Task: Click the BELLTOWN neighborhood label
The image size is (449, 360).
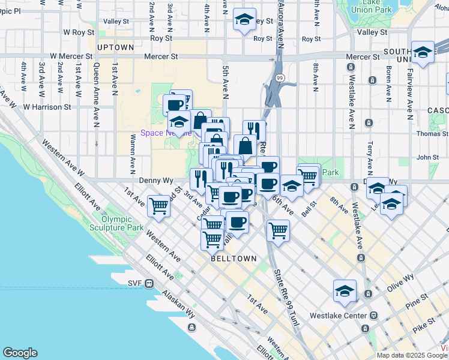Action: (234, 259)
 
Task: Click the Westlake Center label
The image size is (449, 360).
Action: (337, 316)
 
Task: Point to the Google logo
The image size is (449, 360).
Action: (20, 353)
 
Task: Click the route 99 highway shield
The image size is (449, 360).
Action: (280, 78)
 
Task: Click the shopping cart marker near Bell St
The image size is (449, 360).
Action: (307, 175)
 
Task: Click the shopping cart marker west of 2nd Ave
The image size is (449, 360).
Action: (159, 206)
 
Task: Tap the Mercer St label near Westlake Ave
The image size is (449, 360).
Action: (362, 57)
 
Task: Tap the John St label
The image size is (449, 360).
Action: (427, 157)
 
